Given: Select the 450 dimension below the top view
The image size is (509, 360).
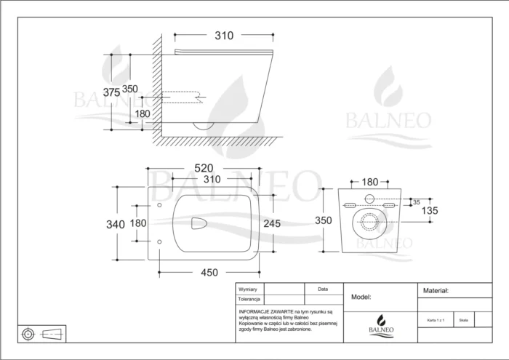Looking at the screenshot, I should (x=209, y=273).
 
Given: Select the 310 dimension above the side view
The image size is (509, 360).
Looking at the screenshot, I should (x=225, y=34).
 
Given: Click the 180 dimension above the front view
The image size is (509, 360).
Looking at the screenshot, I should (x=370, y=181).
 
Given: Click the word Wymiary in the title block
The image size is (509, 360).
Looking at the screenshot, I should (x=249, y=289).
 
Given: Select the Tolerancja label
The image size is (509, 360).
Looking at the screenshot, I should (x=249, y=299).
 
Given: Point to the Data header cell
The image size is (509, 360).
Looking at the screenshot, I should (x=323, y=289).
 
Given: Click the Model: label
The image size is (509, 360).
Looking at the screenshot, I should (x=361, y=297).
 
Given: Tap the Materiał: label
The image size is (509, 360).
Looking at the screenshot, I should (x=436, y=289).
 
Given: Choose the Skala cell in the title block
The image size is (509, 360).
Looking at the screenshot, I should (x=464, y=319).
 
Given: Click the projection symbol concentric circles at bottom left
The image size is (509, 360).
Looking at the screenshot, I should (x=28, y=334).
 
